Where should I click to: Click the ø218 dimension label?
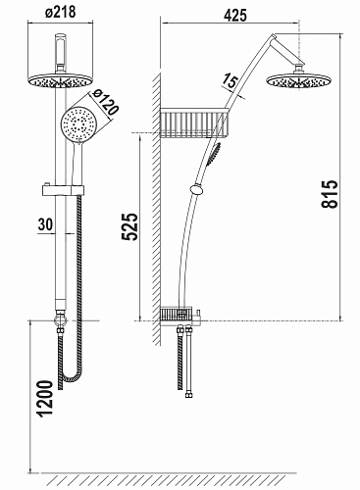(61, 13)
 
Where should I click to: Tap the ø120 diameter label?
(104, 102)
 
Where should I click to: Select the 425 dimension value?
(235, 15)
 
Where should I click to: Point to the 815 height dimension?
(329, 194)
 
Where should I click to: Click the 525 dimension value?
(129, 226)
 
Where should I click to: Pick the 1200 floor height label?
(45, 399)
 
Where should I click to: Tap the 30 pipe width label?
(45, 224)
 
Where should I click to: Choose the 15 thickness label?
(230, 81)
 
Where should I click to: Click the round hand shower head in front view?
(78, 124)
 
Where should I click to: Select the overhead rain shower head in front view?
(61, 80)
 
